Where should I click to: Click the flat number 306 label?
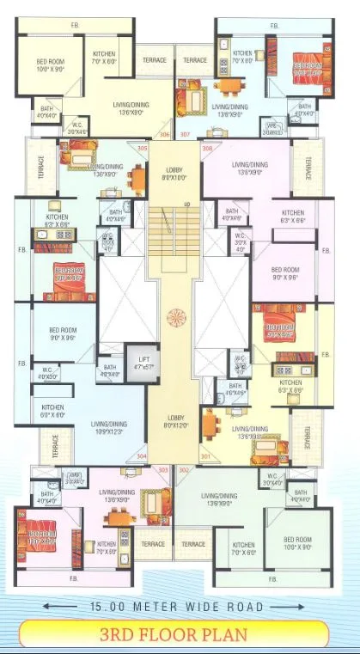coord(165,134)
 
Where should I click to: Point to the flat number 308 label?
coord(207,149)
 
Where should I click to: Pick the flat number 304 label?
coord(142,455)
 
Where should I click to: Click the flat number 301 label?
coord(205,455)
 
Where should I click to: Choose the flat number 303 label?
coord(163,470)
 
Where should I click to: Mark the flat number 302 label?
coord(183,470)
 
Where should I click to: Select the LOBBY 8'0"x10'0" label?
coord(174,175)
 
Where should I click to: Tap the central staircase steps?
coord(174,232)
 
